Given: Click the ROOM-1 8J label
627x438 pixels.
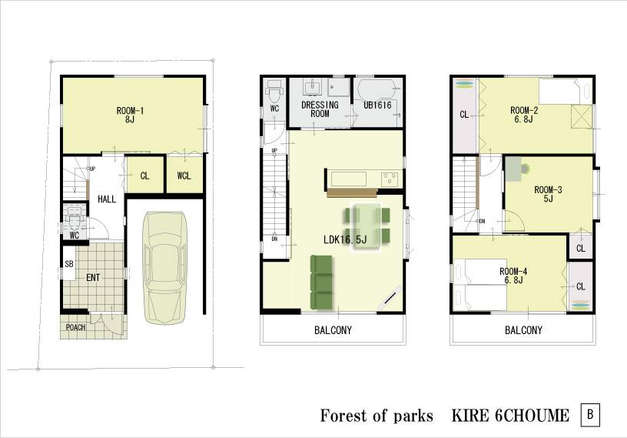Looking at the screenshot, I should click(131, 115).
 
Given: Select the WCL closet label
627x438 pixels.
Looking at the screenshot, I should click(184, 176).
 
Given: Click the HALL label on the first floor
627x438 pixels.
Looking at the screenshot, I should click(107, 199).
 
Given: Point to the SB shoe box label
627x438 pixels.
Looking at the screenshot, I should click(69, 264).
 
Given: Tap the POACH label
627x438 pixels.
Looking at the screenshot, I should click(76, 327).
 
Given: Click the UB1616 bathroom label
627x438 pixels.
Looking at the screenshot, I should click(377, 105).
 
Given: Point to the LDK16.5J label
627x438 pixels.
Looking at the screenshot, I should click(345, 239).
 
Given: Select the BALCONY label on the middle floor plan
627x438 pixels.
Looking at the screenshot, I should click(333, 330).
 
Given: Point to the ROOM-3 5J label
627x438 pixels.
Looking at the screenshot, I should click(549, 194).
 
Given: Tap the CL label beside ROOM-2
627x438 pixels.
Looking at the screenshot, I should click(464, 115).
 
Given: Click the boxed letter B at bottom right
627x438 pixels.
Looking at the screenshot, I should click(590, 415).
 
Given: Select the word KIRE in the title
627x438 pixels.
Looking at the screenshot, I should click(464, 416).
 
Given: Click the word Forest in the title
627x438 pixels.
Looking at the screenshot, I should click(343, 416).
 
